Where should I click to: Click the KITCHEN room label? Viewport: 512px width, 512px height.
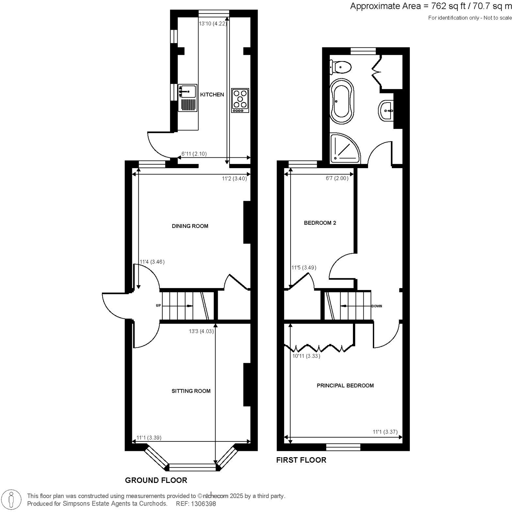pos(212,94)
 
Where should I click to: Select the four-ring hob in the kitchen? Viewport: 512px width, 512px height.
pos(240,100)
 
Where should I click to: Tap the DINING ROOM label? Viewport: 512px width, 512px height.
pos(190,226)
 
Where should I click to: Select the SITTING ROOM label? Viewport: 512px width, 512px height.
pos(191,391)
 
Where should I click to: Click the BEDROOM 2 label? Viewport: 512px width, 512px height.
pos(320,223)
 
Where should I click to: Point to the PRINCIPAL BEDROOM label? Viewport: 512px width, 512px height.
pos(345,386)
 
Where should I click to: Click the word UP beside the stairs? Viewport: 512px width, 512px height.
pos(158,306)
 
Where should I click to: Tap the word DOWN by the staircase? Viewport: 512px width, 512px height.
pos(376,306)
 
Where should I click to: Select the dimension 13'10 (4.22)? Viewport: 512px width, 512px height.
pos(213,23)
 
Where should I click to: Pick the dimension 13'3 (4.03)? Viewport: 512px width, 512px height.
pos(201,331)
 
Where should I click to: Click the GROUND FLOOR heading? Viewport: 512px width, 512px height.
pos(156,480)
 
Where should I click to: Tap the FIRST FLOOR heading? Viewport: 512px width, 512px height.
pos(301,460)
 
